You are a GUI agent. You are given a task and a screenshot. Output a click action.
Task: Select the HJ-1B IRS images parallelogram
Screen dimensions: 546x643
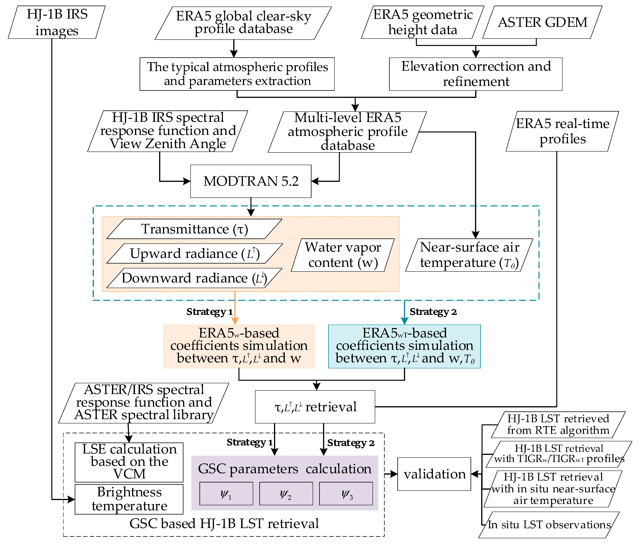tap(57, 22)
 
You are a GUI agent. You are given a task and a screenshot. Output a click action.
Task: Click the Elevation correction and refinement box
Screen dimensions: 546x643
tap(476, 74)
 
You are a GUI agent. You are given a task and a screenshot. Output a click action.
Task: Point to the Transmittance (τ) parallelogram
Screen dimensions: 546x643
tap(194, 229)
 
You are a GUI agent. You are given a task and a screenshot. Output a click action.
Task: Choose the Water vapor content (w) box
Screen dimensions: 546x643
tap(343, 255)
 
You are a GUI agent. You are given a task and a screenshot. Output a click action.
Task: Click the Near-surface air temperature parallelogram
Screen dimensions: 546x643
tap(469, 255)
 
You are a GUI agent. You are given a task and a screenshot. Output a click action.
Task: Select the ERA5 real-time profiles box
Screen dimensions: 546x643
tap(562, 131)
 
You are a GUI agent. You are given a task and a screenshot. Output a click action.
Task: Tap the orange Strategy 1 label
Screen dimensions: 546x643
tap(209, 312)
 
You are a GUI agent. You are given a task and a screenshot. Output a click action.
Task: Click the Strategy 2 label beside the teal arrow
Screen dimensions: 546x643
tap(433, 312)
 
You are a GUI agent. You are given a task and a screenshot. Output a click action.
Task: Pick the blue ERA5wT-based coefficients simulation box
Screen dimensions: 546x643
tap(404, 346)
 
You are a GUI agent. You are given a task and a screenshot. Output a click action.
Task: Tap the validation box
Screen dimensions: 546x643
tap(434, 474)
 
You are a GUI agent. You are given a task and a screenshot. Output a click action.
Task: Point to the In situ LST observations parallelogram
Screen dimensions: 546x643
tap(549, 525)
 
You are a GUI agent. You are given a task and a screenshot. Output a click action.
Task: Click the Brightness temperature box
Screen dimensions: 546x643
tap(129, 499)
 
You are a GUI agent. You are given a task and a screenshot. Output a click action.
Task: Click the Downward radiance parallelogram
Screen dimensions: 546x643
tap(194, 278)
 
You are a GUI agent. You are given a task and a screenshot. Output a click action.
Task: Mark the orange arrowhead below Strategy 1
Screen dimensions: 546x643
tap(235, 321)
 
